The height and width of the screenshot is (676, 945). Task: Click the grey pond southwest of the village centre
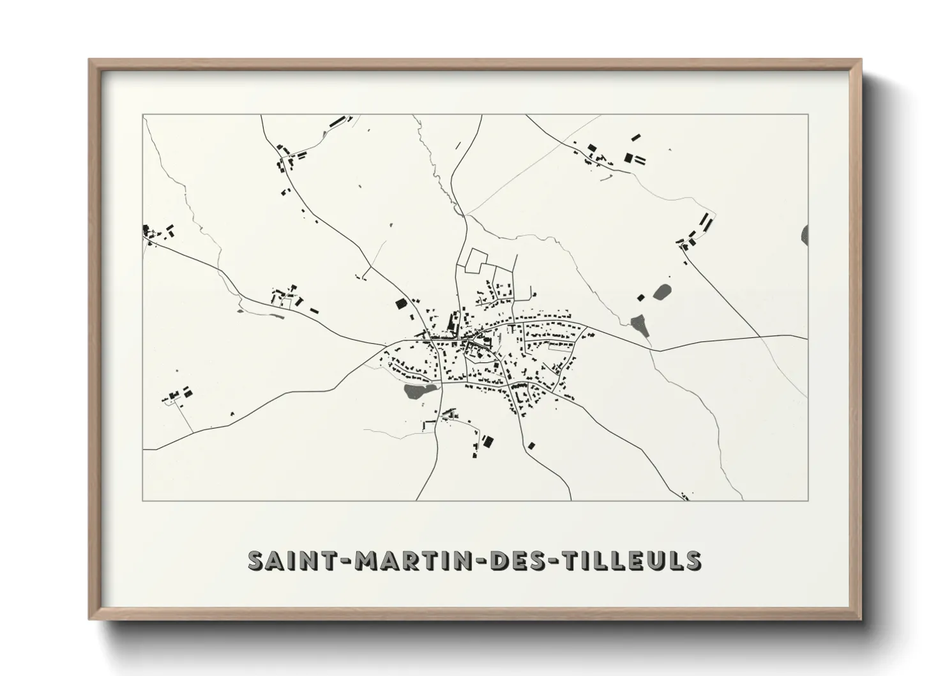pyautogui.click(x=419, y=391)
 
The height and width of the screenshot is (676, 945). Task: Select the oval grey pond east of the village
pyautogui.click(x=661, y=293)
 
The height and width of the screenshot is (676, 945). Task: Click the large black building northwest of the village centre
pyautogui.click(x=401, y=304)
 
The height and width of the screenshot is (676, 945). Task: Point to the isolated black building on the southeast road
pyautogui.click(x=531, y=445)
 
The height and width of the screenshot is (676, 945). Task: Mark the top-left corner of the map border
pyautogui.click(x=143, y=115)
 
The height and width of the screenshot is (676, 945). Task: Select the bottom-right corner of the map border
pyautogui.click(x=808, y=500)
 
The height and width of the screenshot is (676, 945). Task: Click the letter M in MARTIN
pyautogui.click(x=367, y=560)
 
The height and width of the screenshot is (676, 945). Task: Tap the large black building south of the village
pyautogui.click(x=488, y=441)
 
